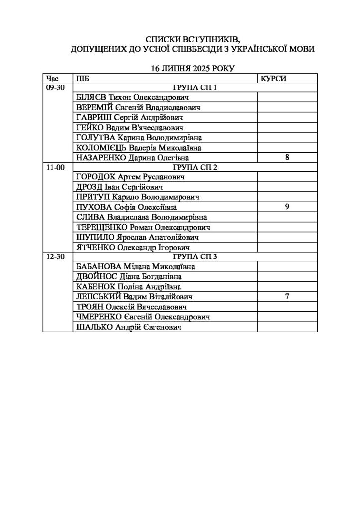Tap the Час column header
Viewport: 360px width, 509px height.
[x=52, y=78]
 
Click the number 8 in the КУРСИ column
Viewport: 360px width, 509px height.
[x=287, y=158]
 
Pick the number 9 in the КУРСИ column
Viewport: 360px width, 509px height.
[x=287, y=207]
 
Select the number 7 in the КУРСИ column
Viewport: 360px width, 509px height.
[x=287, y=297]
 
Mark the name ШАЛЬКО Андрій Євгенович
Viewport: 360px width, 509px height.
[x=127, y=327]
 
